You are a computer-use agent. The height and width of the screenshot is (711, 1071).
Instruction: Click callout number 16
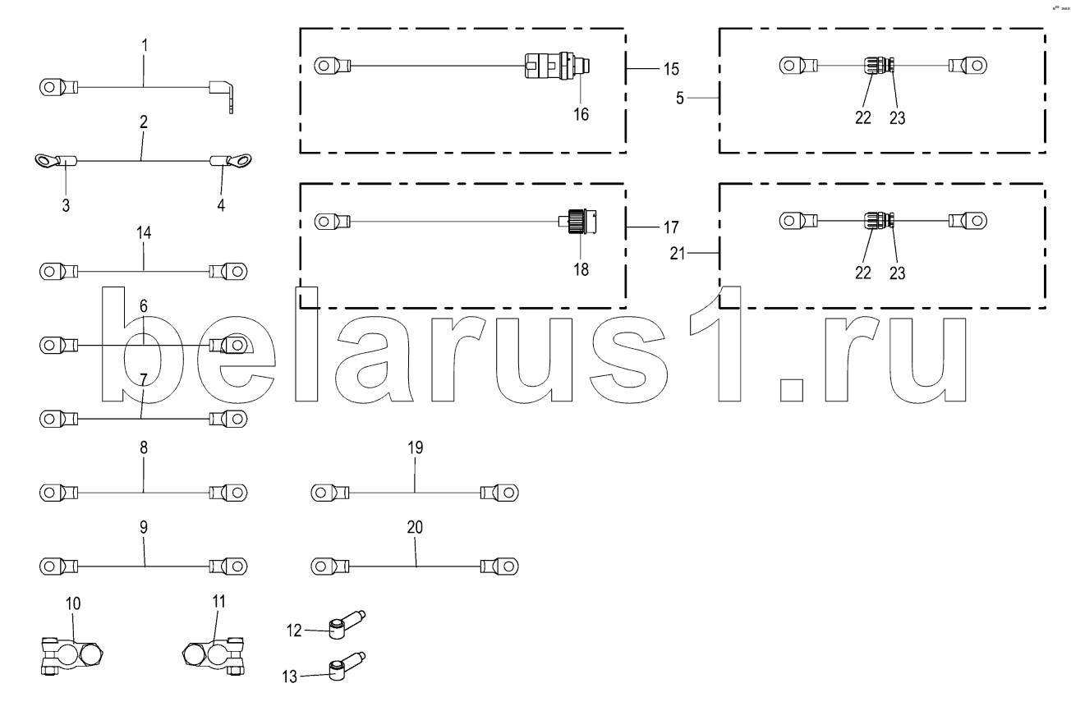581,114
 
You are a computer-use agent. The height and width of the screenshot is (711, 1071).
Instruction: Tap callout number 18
581,269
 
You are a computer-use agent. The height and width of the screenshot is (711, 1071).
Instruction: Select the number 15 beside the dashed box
671,67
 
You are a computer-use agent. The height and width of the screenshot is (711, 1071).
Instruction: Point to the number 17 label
671,226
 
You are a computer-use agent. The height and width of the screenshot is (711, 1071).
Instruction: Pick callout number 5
679,98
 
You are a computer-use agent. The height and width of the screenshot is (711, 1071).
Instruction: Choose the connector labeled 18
577,222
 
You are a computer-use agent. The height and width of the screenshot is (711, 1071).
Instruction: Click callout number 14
144,233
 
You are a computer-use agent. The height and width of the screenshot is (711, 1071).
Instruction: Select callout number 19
415,448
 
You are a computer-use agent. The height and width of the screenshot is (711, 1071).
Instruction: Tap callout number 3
65,205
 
